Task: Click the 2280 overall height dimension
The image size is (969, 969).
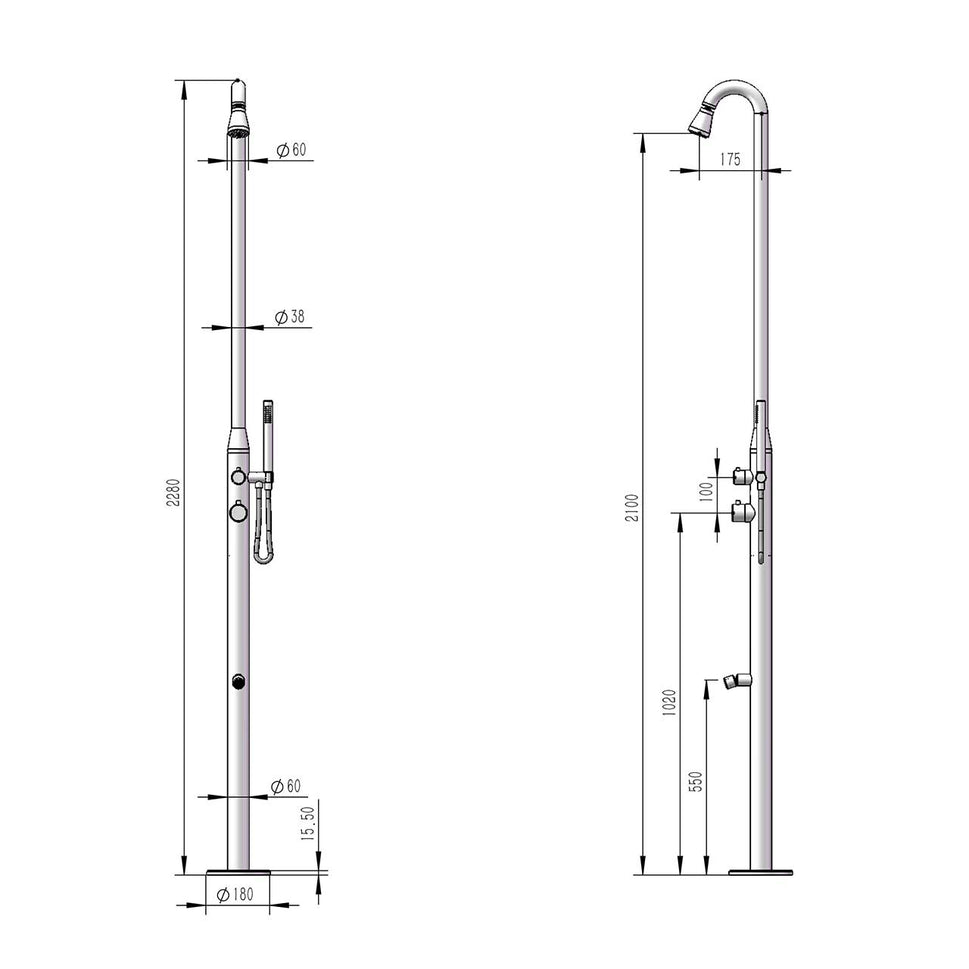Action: (172, 491)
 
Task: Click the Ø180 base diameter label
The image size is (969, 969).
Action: (236, 894)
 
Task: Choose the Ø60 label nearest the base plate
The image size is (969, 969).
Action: (286, 787)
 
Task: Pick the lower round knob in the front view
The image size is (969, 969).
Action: (238, 512)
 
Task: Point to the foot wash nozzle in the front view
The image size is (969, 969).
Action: (238, 682)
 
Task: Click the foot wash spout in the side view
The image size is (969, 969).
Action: (736, 682)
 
